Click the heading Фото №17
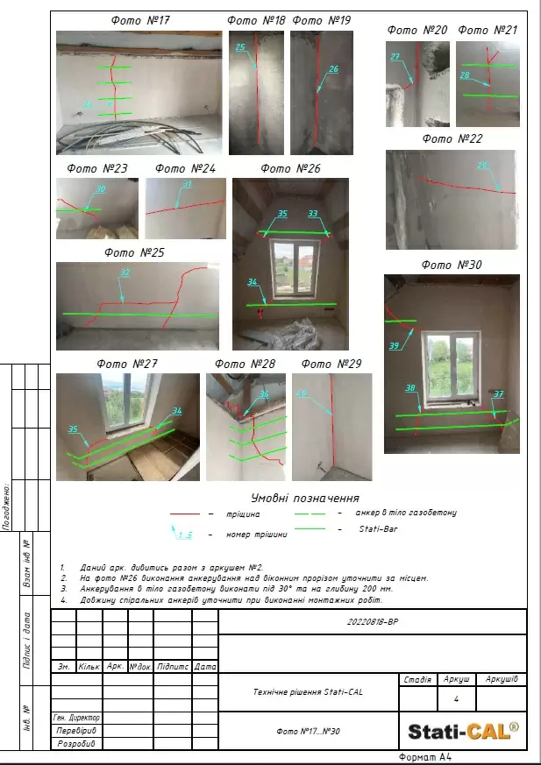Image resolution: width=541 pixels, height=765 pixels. coord(140,19)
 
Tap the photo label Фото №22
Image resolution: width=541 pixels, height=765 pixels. coord(452,138)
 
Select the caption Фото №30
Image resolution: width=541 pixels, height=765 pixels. coord(452,264)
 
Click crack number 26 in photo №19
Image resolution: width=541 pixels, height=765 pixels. coord(333,69)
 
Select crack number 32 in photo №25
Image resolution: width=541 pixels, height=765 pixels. coord(125,273)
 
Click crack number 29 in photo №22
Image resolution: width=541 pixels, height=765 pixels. coord(481,166)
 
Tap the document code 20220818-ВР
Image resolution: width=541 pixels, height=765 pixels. coord(372,620)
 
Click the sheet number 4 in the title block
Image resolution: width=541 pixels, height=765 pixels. coord(456,699)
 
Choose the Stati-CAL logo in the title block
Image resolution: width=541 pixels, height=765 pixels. coord(463,729)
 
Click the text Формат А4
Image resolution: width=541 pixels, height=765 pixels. coord(425,756)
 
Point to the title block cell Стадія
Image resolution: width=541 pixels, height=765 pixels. coord(416,679)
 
